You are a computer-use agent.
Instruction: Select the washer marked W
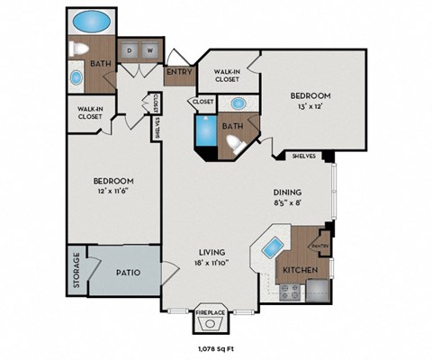149,51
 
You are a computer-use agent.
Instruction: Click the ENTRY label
179,72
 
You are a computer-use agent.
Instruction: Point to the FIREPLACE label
211,312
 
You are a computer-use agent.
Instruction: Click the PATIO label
128,270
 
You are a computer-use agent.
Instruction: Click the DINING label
287,192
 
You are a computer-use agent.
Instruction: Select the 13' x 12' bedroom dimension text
310,107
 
